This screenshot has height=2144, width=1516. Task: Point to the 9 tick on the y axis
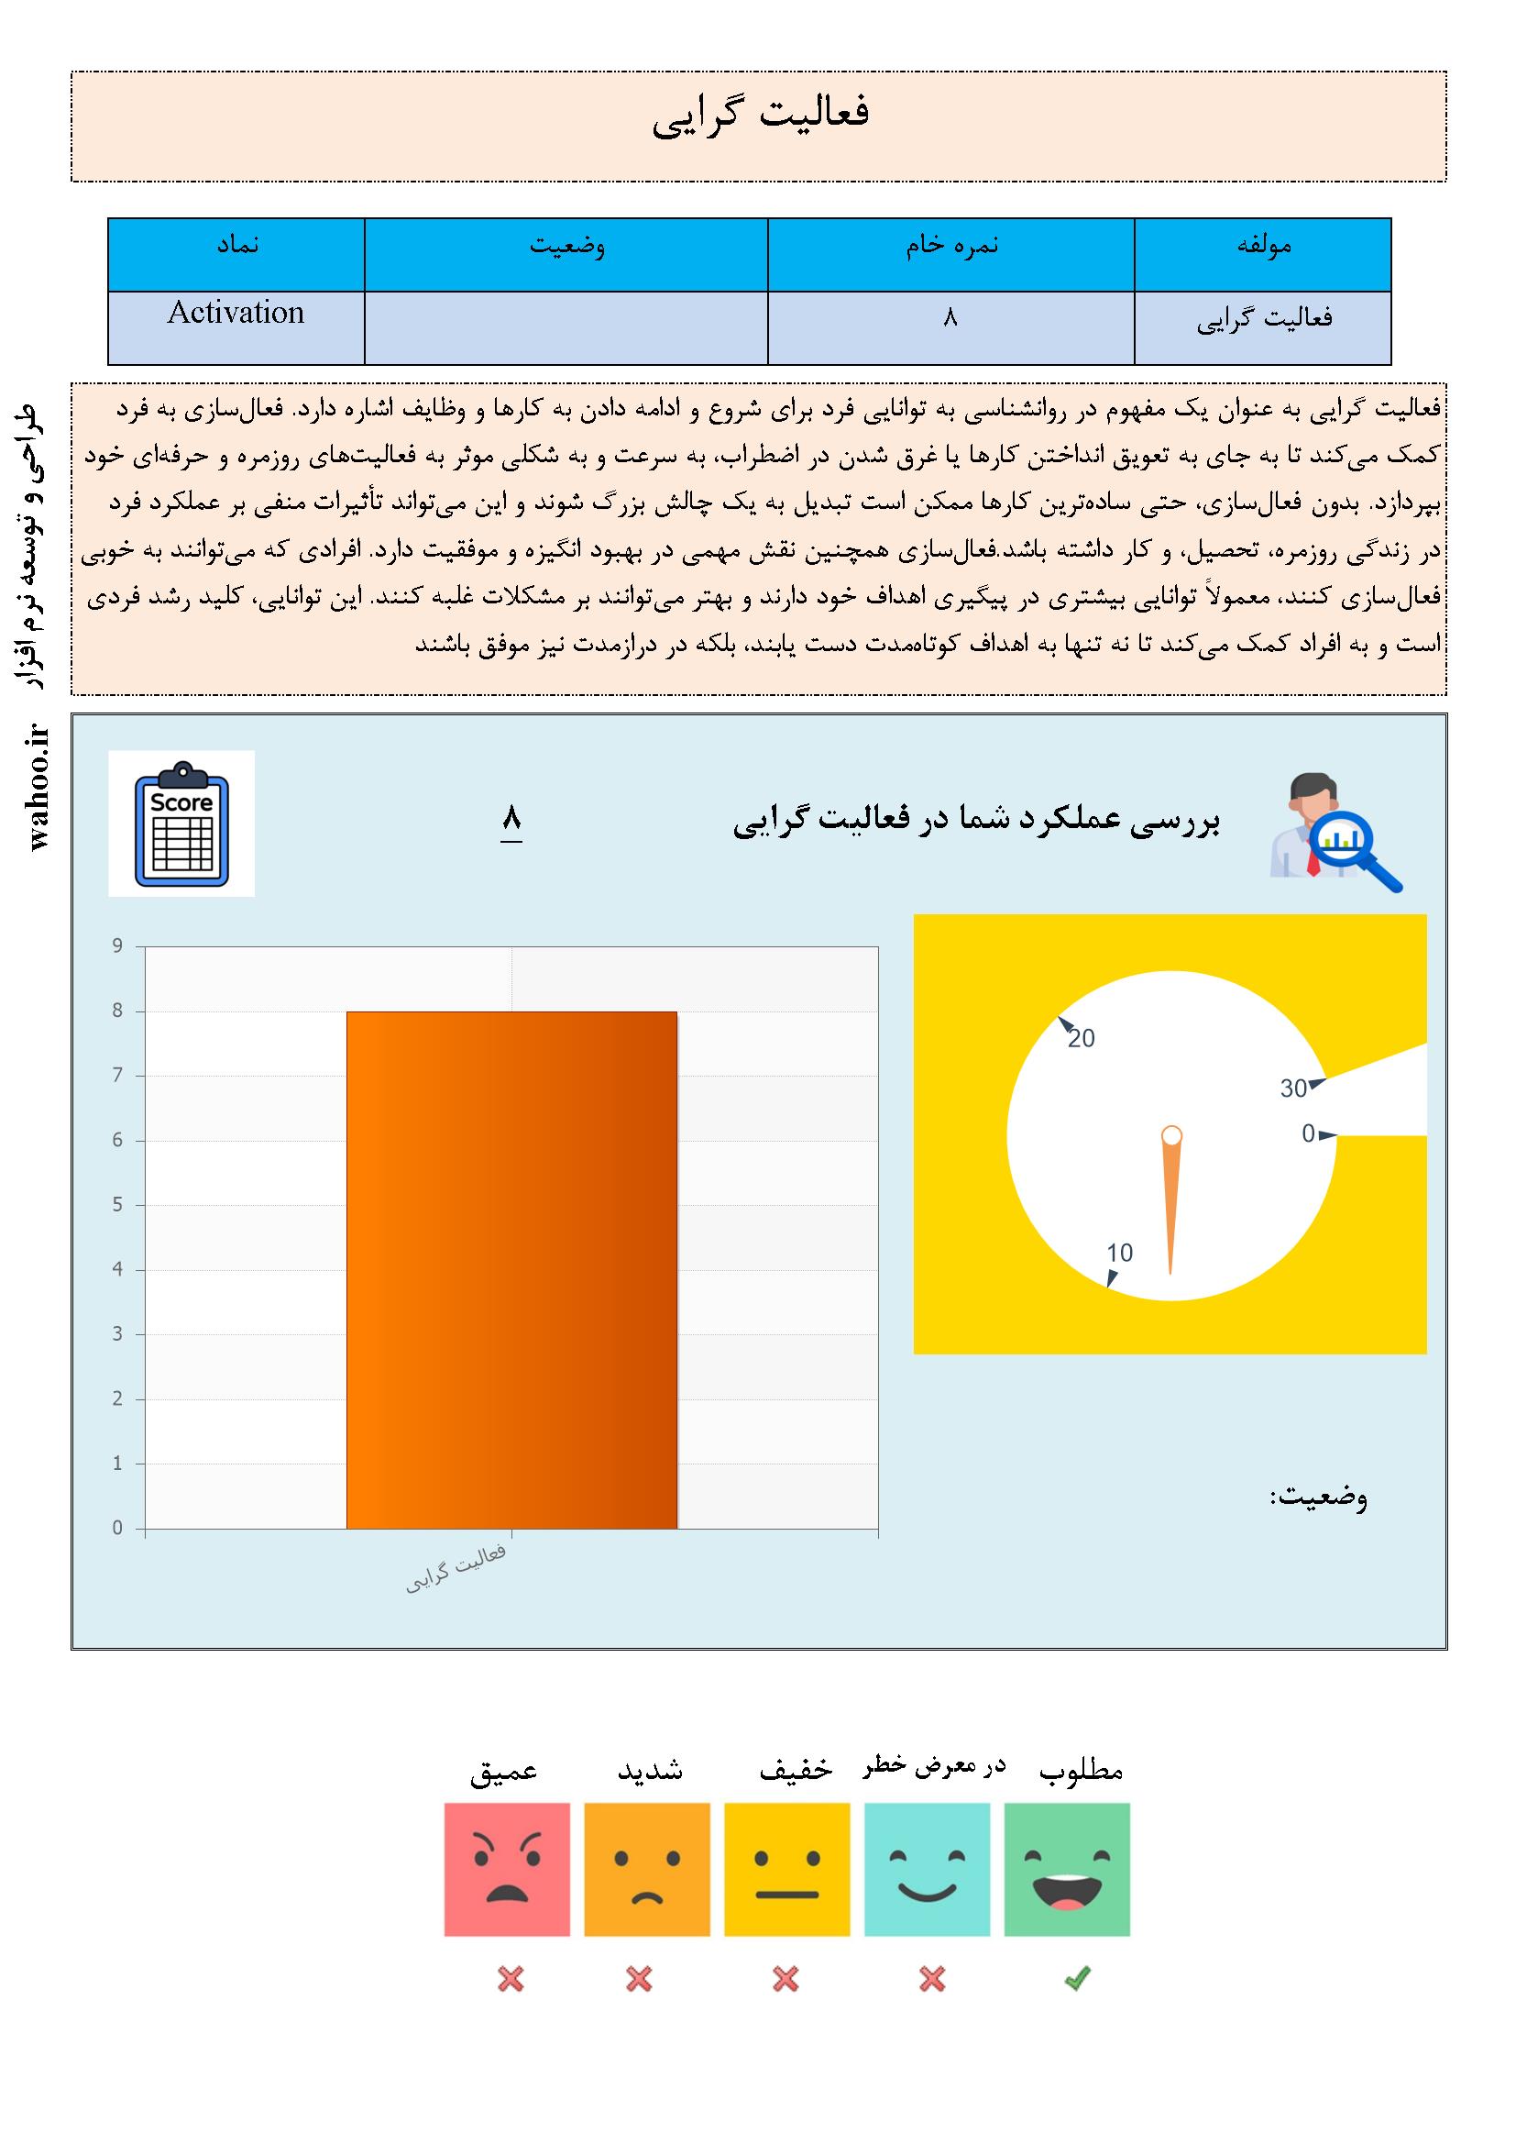(117, 946)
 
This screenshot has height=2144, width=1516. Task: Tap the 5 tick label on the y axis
(117, 1205)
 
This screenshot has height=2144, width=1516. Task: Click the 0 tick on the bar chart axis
(117, 1528)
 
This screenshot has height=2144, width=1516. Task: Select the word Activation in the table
(236, 313)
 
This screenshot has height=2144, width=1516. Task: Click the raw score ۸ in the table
(950, 318)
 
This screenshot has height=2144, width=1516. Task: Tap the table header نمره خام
(951, 246)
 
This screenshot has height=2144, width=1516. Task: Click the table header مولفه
(1263, 246)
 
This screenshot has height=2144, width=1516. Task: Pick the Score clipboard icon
(182, 823)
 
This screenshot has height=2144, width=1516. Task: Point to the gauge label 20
(1081, 1038)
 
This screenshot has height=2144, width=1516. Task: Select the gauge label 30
(1293, 1089)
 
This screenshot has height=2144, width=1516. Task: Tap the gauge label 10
(1119, 1254)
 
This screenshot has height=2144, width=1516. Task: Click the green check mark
(1077, 1978)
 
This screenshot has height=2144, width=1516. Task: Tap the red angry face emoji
(507, 1869)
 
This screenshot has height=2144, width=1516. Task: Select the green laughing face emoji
(1067, 1869)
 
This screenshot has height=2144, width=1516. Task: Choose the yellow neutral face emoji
(787, 1869)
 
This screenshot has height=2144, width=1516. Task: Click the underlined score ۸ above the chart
(511, 820)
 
